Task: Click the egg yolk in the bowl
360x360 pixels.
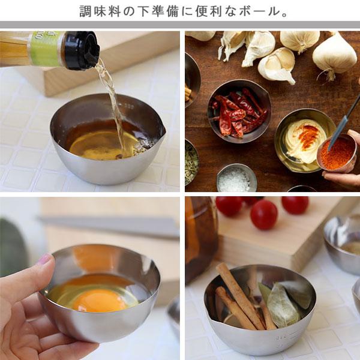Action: [100, 300]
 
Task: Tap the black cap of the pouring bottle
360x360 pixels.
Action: [82, 50]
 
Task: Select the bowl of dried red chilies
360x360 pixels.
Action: [239, 111]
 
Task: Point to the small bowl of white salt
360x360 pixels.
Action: [237, 178]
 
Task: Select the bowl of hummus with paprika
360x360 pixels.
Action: [305, 140]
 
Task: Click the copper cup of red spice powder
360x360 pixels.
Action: [337, 152]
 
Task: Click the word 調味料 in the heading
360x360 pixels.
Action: [100, 11]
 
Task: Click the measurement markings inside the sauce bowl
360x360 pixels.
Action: [128, 106]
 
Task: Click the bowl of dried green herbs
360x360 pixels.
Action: [191, 162]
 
